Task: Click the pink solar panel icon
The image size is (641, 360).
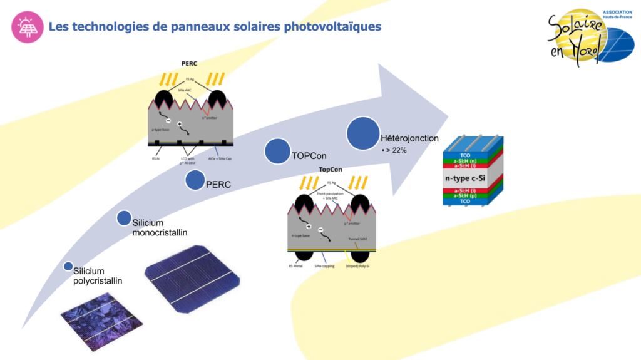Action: point(27,27)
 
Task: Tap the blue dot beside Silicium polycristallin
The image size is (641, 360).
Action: point(68,267)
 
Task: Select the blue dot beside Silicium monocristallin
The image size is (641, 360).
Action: point(124,218)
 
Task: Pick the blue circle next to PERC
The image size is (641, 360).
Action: point(195,180)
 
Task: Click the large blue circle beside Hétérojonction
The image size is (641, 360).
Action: point(363,134)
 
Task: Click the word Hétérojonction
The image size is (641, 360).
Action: point(409,138)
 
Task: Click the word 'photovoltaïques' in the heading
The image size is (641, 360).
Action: point(331,26)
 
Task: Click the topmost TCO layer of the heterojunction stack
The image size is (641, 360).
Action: point(464,154)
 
